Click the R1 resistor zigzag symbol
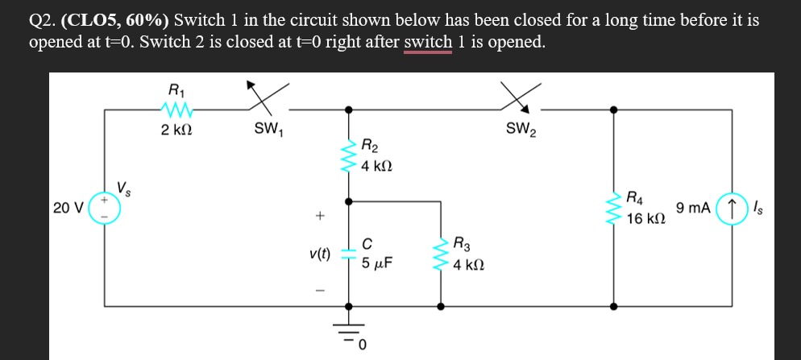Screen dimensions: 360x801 pyautogui.click(x=176, y=108)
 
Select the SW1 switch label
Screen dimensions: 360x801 pyautogui.click(x=267, y=128)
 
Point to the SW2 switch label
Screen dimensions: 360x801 pyautogui.click(x=521, y=129)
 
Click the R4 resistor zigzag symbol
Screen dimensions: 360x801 pyautogui.click(x=616, y=207)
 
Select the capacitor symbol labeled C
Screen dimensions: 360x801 pyautogui.click(x=349, y=253)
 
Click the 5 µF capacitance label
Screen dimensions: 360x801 pyautogui.click(x=377, y=263)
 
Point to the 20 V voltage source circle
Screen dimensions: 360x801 pyautogui.click(x=104, y=208)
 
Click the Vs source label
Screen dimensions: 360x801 pyautogui.click(x=125, y=189)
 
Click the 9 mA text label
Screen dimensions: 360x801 pyautogui.click(x=693, y=208)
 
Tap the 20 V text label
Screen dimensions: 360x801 pyautogui.click(x=68, y=208)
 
